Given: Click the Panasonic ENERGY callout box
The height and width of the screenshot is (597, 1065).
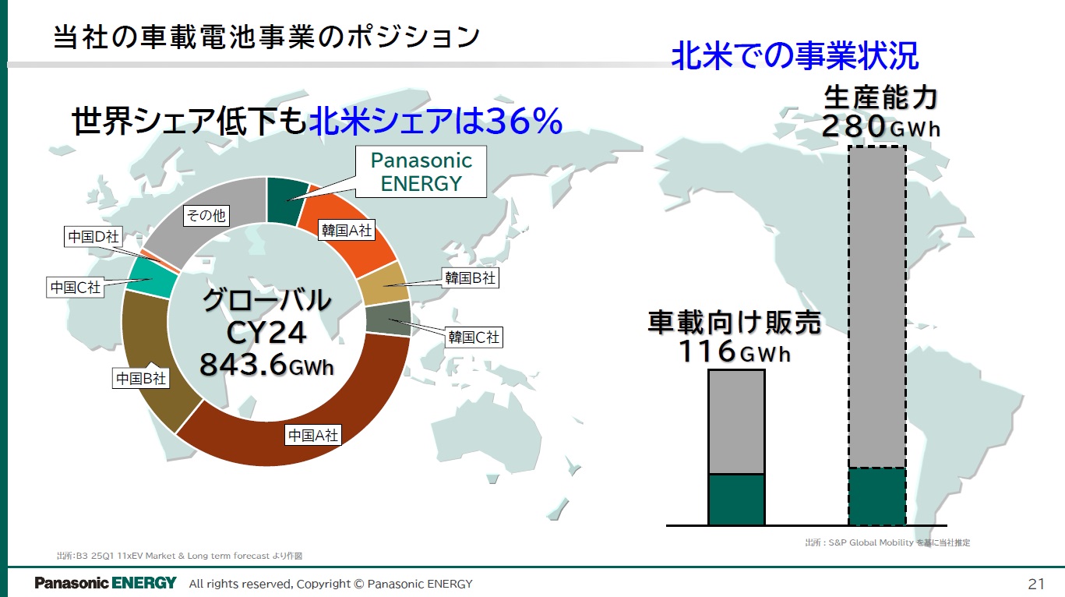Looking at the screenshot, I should point(421,171).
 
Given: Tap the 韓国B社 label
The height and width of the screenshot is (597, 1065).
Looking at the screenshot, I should point(470,277).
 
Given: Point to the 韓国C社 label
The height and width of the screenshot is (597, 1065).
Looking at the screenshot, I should point(473,337).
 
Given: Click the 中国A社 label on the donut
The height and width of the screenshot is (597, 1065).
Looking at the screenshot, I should point(313,435).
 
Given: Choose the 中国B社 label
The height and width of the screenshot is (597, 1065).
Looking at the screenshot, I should point(141,379).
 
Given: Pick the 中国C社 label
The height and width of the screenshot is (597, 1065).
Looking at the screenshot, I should point(76,287).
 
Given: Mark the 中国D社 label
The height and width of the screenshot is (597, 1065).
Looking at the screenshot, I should point(93,237).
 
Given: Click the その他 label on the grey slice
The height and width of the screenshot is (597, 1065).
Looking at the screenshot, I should point(206,216).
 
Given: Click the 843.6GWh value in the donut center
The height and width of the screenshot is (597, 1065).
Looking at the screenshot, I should point(267,365).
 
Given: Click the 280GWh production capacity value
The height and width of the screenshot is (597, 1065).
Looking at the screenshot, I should point(881,126).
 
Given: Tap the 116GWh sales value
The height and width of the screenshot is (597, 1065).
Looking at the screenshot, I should point(734,351).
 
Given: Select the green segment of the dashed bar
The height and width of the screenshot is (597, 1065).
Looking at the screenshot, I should point(876,496).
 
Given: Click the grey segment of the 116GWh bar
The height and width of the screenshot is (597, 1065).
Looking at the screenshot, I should point(736,422).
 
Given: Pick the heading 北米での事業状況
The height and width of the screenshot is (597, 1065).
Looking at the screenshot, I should point(795,56).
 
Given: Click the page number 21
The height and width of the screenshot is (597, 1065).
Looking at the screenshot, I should point(1036,584).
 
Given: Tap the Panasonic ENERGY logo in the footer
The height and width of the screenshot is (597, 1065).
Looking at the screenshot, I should point(105,584).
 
